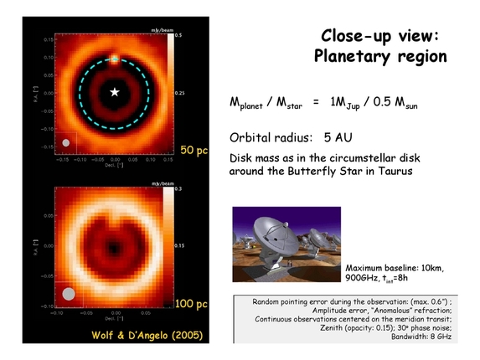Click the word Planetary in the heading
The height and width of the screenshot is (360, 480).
coord(351,56)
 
